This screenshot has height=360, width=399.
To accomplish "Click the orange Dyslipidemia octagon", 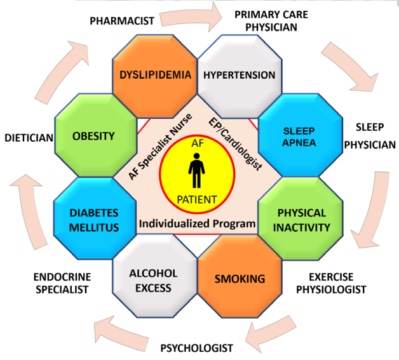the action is (155, 76).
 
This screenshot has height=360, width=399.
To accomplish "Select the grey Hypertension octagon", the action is (240, 76).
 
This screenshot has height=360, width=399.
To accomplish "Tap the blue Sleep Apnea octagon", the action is (301, 135).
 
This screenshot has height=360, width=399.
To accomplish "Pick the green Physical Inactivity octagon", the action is (301, 218).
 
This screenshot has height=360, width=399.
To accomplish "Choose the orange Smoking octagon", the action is (240, 276).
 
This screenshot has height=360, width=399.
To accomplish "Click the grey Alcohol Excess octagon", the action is (155, 276).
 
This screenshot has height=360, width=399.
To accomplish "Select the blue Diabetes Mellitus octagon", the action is (95, 218).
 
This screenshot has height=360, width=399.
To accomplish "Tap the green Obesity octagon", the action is (96, 135).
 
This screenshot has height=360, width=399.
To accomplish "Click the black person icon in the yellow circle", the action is (196, 170).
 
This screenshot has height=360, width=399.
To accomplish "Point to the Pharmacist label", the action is (122, 21).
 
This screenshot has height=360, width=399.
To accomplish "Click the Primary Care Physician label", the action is (271, 21).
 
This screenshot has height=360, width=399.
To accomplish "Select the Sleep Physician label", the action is (370, 136).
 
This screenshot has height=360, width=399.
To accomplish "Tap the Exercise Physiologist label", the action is (331, 283).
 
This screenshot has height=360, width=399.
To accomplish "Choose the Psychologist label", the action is (197, 348).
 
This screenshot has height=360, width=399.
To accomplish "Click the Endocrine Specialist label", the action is (62, 283).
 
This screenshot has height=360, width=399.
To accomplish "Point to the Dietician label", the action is (29, 138).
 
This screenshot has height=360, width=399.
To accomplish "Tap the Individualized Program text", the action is (197, 224).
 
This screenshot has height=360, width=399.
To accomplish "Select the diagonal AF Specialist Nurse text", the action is (160, 147).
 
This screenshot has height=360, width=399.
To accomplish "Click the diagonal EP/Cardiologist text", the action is (235, 144).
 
